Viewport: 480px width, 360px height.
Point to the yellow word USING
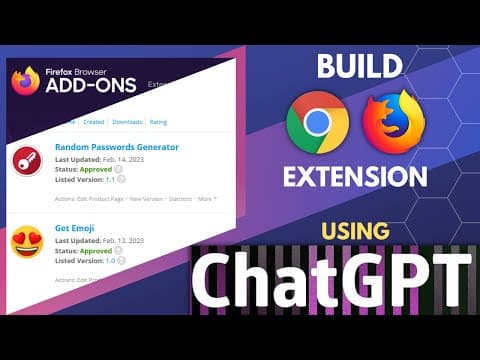(x=359, y=233)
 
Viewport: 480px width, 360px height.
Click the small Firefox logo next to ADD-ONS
(x=26, y=80)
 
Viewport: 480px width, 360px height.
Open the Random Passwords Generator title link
(x=117, y=148)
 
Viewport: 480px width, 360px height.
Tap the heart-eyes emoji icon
(x=25, y=243)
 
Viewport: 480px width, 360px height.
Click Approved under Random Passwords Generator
(x=97, y=169)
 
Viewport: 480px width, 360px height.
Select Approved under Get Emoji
(x=97, y=250)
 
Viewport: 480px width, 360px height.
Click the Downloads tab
(x=127, y=122)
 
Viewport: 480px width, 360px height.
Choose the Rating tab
(x=158, y=122)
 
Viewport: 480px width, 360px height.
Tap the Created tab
(x=94, y=122)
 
